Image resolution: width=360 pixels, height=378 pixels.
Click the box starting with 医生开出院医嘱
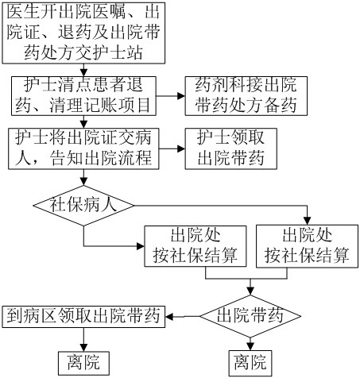click(83, 33)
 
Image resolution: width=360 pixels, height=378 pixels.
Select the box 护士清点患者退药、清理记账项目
click(83, 96)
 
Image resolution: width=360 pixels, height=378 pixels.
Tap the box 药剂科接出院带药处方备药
click(246, 96)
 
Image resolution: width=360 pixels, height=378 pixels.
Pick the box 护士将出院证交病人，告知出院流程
click(83, 148)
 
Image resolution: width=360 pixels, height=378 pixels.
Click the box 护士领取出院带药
click(231, 148)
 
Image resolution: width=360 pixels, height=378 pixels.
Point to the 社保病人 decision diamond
click(83, 206)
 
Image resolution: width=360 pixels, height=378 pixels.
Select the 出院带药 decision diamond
click(250, 316)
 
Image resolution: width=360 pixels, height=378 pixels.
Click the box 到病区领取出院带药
click(83, 317)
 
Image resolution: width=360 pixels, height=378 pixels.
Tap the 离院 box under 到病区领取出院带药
click(83, 363)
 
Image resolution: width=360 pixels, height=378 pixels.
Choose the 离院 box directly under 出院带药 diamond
click(250, 363)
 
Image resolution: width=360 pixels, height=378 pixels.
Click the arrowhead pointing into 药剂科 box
click(181, 96)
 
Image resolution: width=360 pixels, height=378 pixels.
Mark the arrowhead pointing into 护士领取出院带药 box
click(181, 148)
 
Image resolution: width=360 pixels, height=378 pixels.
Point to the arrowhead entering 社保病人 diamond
click(83, 182)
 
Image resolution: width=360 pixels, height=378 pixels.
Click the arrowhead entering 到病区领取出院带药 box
click(169, 316)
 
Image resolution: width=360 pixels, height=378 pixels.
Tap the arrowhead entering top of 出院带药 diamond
click(250, 291)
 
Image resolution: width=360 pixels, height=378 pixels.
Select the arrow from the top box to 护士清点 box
click(83, 70)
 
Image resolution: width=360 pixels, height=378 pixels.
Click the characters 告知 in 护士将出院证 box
click(67, 158)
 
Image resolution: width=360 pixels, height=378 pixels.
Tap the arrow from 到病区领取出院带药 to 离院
click(83, 340)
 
